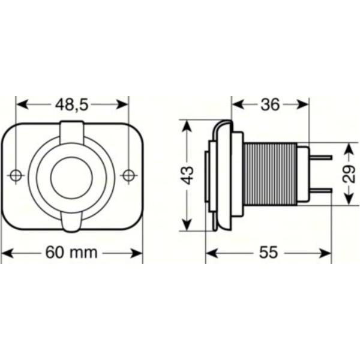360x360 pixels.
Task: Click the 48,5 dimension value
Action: pos(72,104)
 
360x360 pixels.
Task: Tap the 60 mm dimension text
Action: pos(71,252)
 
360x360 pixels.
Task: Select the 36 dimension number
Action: pos(269,104)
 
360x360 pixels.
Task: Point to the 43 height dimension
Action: pos(188,175)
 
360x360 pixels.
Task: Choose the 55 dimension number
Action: pos(269,253)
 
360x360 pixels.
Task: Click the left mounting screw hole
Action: pos(16,175)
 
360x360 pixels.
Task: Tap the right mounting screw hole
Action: pos(127,175)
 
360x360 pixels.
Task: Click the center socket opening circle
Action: pos(71,175)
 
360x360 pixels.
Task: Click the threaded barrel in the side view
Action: pos(270,175)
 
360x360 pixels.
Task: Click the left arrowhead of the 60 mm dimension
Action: pos(6,253)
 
